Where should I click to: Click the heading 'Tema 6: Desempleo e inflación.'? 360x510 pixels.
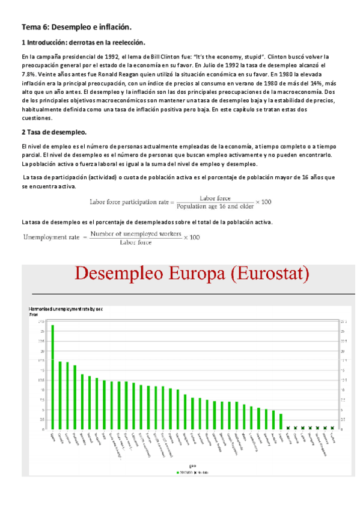click(x=76, y=27)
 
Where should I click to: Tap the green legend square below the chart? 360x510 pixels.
click(x=177, y=472)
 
